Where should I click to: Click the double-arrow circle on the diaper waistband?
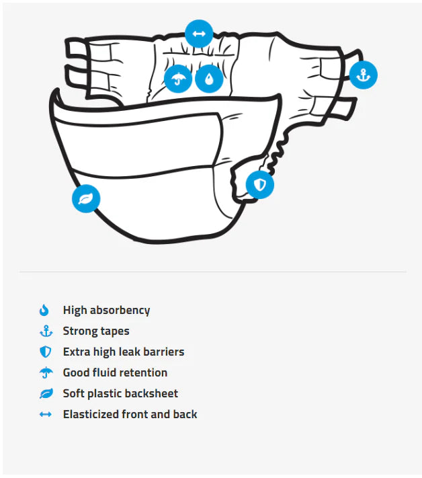(199, 34)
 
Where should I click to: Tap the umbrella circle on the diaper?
(178, 79)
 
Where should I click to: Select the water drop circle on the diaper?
(209, 79)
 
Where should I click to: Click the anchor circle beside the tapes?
(363, 75)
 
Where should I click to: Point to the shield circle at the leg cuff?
(260, 184)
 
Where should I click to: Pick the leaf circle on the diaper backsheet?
(86, 198)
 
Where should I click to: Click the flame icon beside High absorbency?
(44, 310)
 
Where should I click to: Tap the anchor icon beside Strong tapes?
(46, 331)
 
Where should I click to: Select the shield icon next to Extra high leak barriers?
(46, 352)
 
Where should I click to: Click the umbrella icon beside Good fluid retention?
(46, 372)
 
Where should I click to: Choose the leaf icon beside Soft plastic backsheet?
(46, 393)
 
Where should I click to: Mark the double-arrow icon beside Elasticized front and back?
(46, 414)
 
